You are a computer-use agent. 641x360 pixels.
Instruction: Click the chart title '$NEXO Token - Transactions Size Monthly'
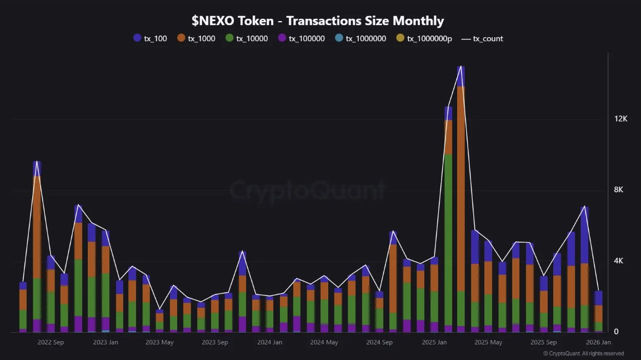coord(318,21)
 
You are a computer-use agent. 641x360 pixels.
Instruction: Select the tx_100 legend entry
coord(151,38)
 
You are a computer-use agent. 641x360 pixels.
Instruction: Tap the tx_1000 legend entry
coord(197,38)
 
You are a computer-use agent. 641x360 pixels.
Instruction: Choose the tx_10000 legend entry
coord(247,38)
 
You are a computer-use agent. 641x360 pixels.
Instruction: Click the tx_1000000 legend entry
coord(360,38)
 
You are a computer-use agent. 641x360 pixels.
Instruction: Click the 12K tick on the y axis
coord(620,119)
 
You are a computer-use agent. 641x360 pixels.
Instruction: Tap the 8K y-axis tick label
coord(619,190)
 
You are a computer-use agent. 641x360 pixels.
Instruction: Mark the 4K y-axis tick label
coord(619,261)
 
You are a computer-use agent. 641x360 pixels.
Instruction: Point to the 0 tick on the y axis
coord(615,332)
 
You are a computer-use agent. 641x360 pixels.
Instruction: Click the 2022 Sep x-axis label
coord(51,342)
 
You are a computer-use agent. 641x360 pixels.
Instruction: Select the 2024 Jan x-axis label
coord(269,342)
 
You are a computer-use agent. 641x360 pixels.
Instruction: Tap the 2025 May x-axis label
coord(488,342)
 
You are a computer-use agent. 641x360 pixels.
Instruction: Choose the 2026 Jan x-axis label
coord(598,342)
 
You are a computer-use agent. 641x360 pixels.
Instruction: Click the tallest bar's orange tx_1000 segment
coord(461,189)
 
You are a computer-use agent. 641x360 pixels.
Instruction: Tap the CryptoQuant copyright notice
coord(583,353)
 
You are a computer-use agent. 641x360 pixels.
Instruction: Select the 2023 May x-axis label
coord(160,342)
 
